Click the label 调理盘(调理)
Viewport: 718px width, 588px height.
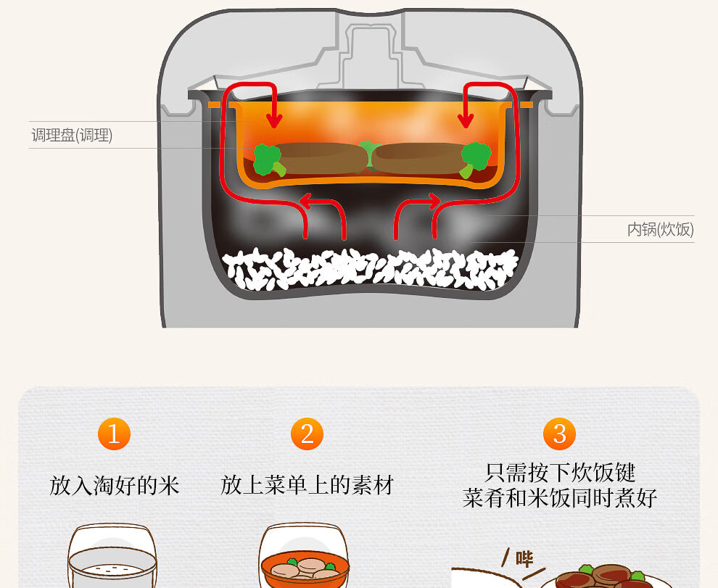[x=72, y=136]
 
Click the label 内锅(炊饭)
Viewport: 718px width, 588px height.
[x=660, y=230]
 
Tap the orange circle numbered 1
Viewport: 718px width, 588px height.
[x=114, y=434]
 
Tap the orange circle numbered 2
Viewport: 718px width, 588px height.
[x=307, y=434]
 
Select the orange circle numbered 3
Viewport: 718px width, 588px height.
[x=559, y=434]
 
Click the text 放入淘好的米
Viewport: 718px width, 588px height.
[x=114, y=485]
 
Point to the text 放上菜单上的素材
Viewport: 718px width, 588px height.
[x=307, y=485]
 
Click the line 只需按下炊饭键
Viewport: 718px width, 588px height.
[x=559, y=473]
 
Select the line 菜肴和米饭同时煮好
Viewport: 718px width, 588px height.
[x=559, y=499]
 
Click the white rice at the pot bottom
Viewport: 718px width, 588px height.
[x=370, y=269]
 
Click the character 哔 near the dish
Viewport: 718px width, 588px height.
[x=524, y=559]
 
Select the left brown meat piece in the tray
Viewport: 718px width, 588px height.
[x=319, y=157]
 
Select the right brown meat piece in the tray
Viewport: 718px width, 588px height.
[x=419, y=157]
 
